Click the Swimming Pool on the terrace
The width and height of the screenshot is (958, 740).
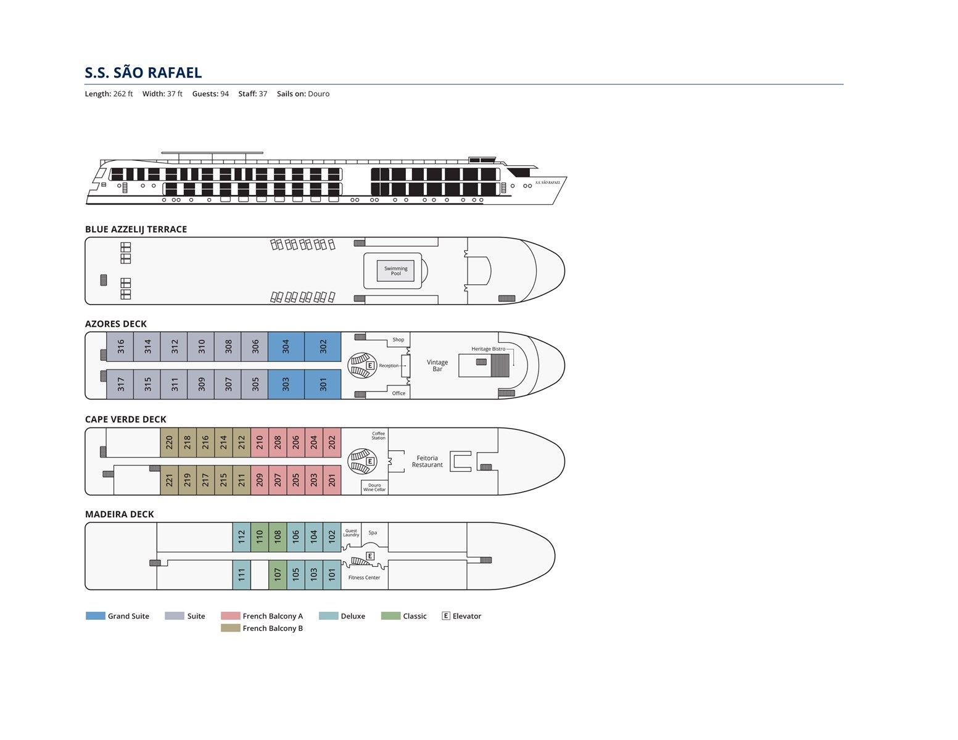[395, 271]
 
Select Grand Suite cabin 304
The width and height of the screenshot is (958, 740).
[286, 347]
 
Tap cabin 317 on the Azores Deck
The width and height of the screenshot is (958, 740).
[121, 384]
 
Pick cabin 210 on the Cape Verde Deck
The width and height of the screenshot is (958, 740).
[260, 442]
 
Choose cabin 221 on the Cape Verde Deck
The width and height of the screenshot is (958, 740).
[169, 480]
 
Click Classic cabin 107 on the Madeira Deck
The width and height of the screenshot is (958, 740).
[278, 574]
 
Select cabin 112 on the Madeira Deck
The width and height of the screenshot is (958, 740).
[241, 536]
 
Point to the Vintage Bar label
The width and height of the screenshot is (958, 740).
[437, 366]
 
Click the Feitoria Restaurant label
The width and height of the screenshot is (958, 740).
[427, 461]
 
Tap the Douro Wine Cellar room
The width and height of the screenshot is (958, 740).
[374, 487]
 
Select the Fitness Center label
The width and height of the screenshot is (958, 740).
[364, 578]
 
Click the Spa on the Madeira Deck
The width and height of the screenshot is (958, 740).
[373, 533]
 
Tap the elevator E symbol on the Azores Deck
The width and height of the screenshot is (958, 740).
[370, 366]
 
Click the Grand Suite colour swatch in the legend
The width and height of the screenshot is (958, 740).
[95, 616]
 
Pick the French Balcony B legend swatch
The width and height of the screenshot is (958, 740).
[230, 628]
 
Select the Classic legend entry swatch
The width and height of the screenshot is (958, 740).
[390, 616]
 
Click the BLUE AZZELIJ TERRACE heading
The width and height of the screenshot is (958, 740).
[136, 229]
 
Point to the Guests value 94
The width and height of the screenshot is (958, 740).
[225, 94]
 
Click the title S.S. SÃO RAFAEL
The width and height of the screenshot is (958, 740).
[143, 73]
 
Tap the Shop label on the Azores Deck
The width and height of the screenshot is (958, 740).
[398, 340]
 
